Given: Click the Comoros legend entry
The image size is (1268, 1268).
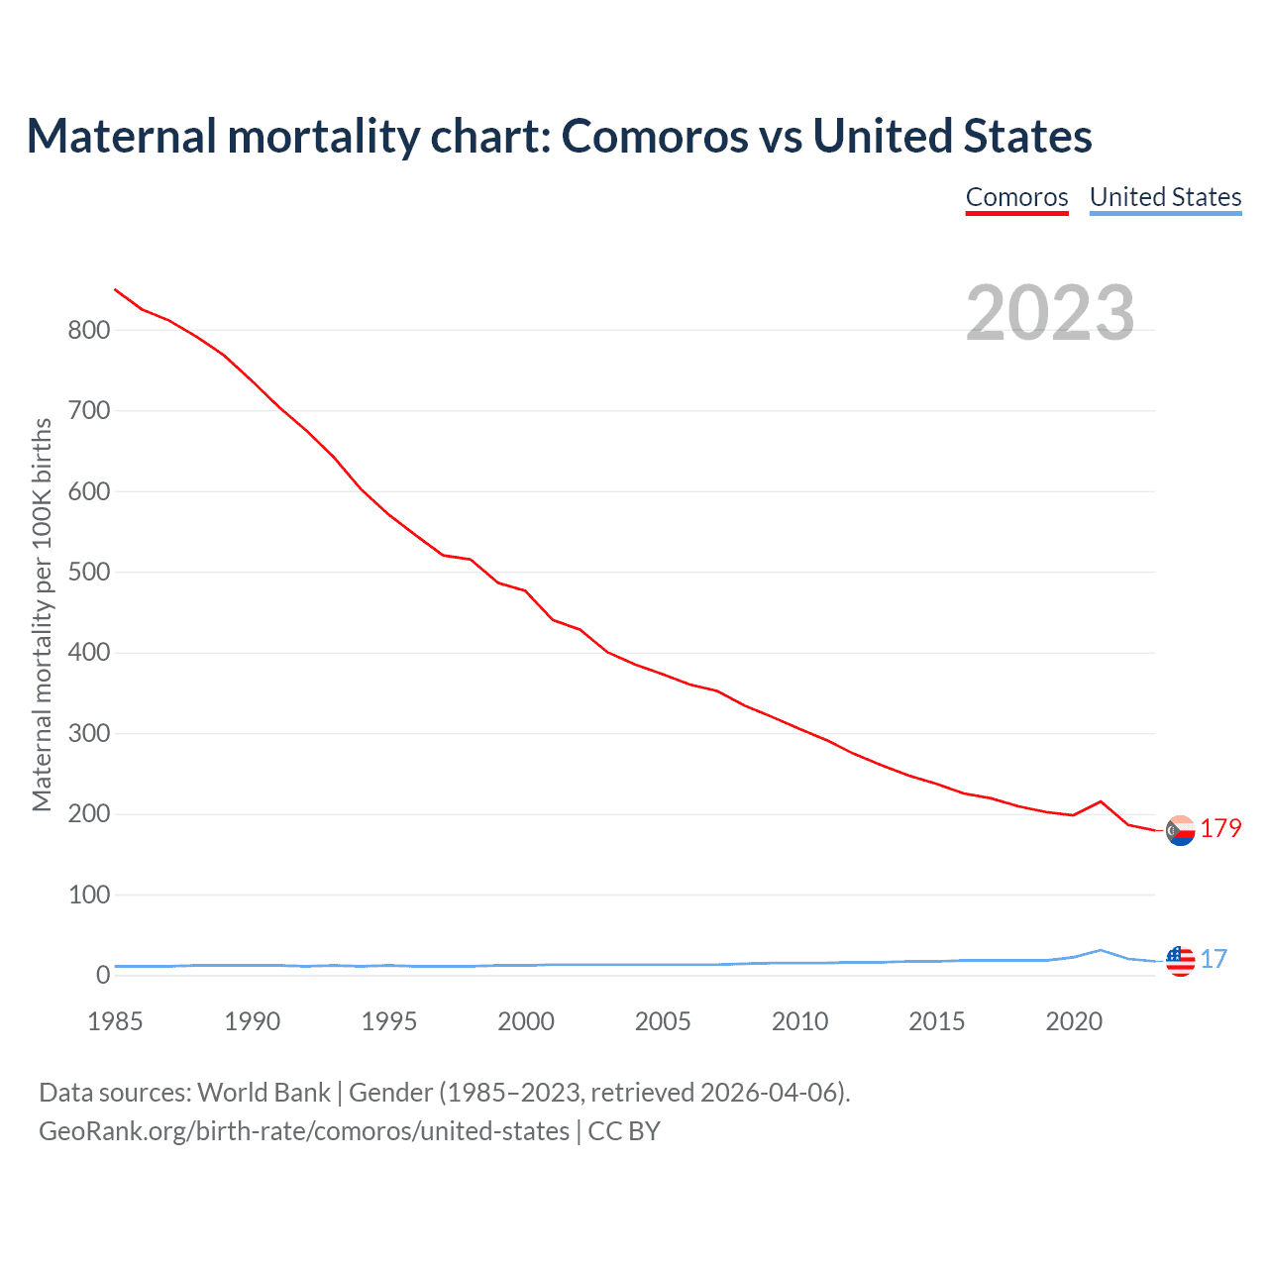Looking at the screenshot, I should click(1016, 197).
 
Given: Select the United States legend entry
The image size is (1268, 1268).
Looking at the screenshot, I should click(1165, 197).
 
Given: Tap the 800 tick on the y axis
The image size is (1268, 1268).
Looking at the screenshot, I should click(89, 331).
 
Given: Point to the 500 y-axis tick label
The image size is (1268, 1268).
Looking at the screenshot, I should click(89, 573).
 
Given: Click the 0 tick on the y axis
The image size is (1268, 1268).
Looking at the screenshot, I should click(103, 976).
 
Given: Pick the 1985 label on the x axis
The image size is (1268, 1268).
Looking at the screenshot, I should click(115, 1021).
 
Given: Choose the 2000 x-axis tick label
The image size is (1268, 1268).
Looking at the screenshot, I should click(526, 1021).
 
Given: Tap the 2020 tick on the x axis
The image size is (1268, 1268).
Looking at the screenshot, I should click(1074, 1021).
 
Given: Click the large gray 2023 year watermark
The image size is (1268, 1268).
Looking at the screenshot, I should click(1050, 313).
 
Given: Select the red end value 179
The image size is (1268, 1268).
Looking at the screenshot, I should click(1220, 828).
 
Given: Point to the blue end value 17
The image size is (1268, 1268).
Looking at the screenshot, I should click(1214, 959).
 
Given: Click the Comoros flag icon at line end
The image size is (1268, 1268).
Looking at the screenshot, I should click(1180, 830).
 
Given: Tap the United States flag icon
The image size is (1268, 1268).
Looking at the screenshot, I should click(1180, 961).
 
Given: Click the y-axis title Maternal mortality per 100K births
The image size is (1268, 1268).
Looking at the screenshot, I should click(42, 614).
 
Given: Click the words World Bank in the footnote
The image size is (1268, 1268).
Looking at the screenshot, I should click(264, 1093).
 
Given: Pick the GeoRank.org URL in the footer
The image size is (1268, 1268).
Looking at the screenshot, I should click(304, 1131).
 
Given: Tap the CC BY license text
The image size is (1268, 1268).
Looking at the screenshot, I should click(624, 1131).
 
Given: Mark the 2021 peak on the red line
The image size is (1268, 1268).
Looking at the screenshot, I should click(1101, 801).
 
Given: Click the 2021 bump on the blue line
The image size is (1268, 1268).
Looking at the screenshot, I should click(1101, 950).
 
